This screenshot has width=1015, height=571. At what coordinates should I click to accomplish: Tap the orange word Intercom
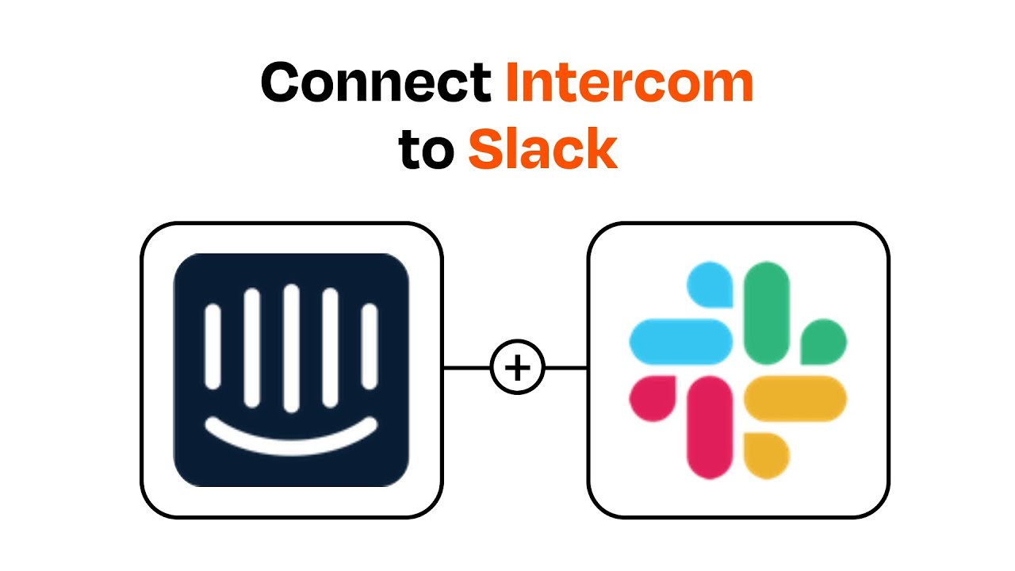[x=629, y=82]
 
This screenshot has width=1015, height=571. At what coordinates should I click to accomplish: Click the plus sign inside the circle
[x=518, y=369]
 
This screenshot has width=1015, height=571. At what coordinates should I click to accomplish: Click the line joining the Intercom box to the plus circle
[x=467, y=369]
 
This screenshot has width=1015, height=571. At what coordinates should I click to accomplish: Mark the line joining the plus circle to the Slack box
[x=566, y=369]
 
